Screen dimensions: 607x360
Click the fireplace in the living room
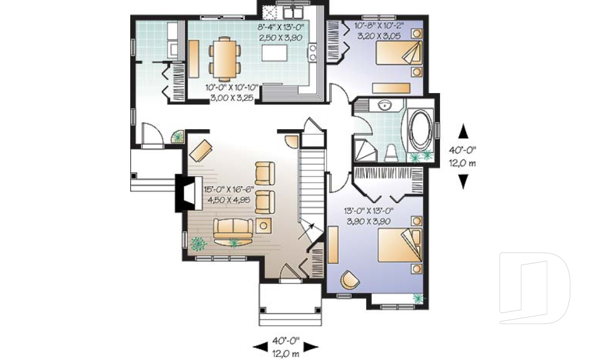(x=188, y=193)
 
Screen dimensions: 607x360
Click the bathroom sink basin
(x=384, y=106)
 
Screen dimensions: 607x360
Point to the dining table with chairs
(x=224, y=56)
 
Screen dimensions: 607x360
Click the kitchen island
(x=275, y=53)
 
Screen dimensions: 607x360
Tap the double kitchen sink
(x=293, y=12)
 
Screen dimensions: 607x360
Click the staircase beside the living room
(x=312, y=186)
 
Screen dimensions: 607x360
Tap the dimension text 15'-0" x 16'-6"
(x=229, y=190)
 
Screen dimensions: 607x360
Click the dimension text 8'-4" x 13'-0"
(x=281, y=27)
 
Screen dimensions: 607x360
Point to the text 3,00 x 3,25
(x=231, y=98)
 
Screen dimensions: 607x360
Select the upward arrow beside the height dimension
(x=463, y=132)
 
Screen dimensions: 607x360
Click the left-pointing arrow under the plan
(x=260, y=347)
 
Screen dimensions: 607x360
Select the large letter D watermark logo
(x=534, y=288)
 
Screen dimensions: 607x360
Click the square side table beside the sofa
(x=263, y=225)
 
